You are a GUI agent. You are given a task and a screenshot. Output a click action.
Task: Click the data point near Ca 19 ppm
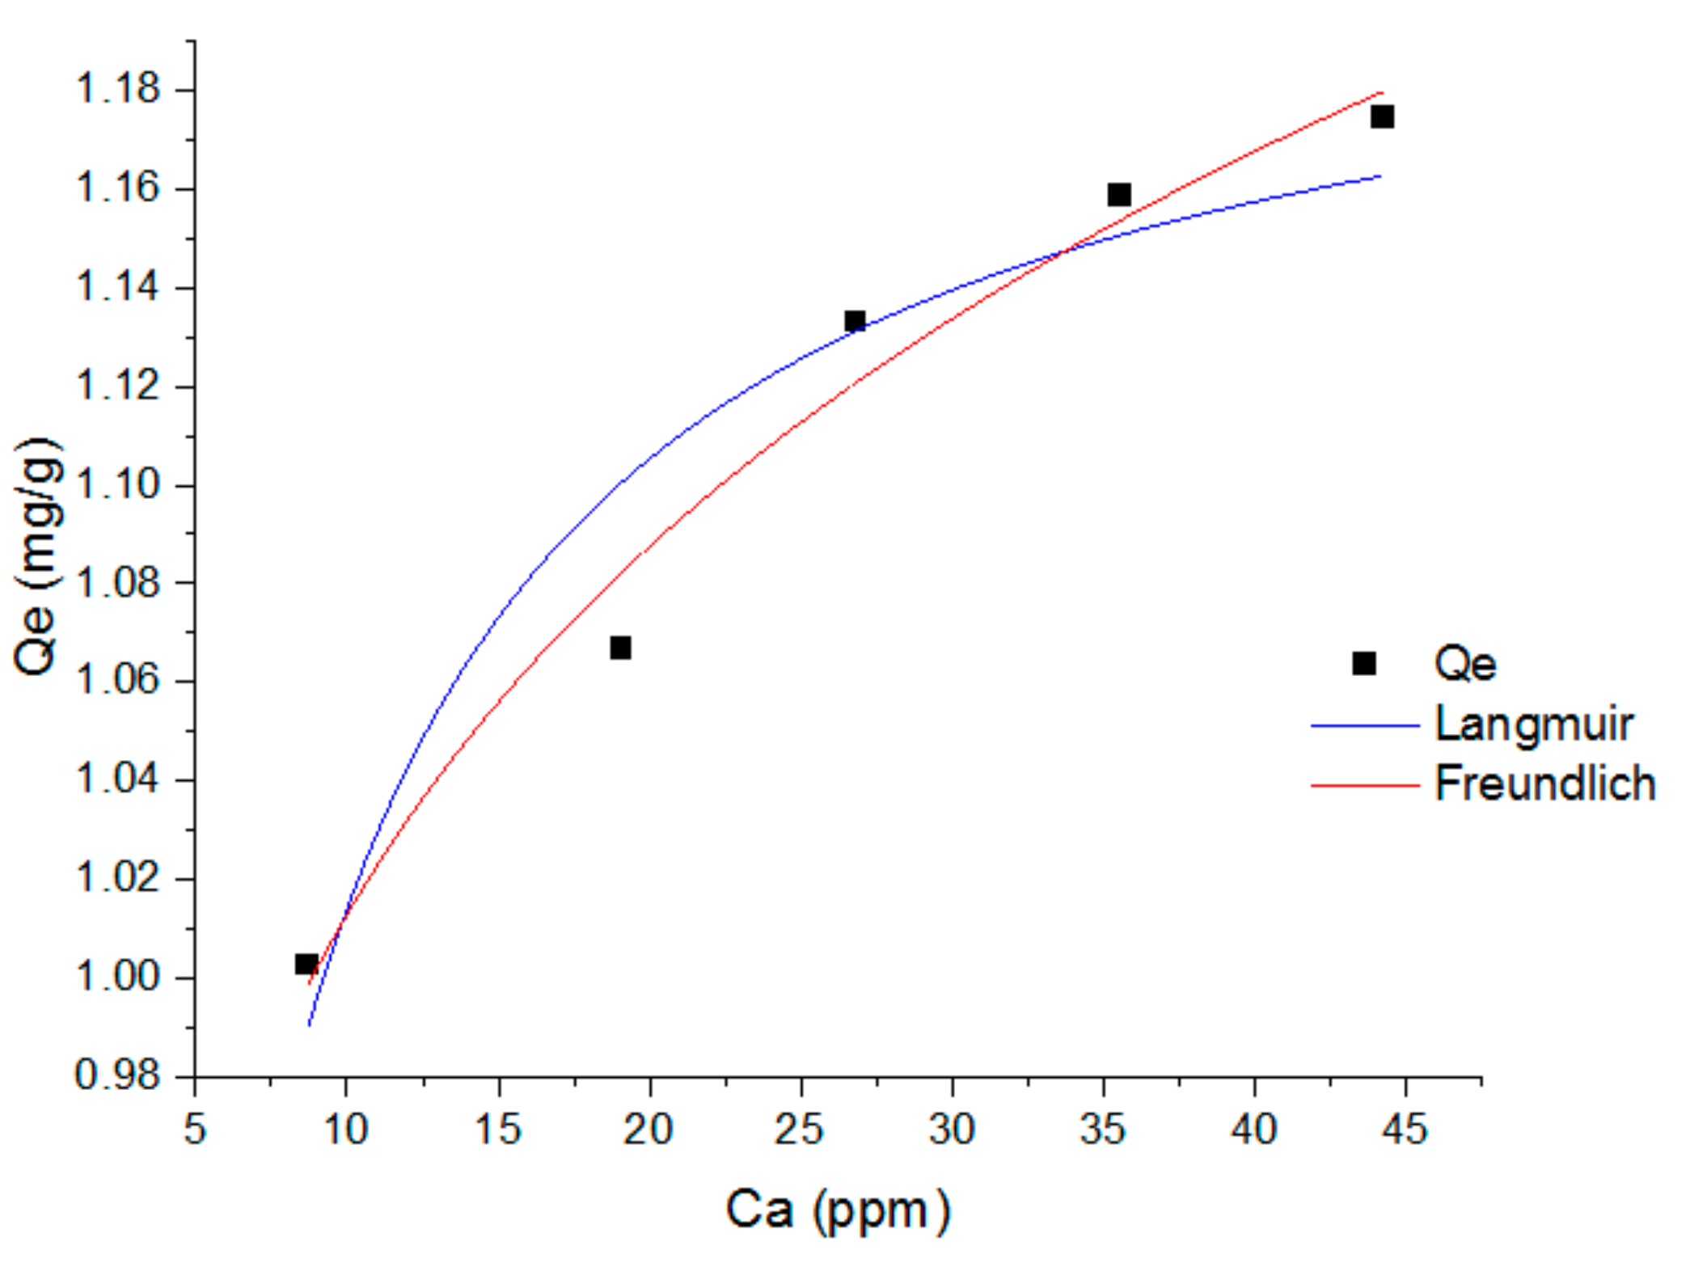point(620,648)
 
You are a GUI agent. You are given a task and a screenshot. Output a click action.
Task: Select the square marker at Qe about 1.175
point(1382,116)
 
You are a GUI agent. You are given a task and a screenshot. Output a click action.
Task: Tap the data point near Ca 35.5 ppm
point(1119,194)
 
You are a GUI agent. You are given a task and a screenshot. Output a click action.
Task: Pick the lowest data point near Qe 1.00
point(306,964)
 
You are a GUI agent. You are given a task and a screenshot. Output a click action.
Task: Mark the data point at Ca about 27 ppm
point(855,321)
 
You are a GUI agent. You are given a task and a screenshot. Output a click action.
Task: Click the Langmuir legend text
point(1533,724)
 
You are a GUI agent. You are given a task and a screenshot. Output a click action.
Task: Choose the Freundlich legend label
point(1544,783)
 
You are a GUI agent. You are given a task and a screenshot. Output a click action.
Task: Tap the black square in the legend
point(1364,664)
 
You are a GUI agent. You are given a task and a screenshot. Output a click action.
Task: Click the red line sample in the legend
point(1365,785)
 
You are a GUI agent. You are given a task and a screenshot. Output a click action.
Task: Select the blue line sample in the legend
point(1365,725)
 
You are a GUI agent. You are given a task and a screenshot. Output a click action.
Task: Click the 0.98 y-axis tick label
point(118,1075)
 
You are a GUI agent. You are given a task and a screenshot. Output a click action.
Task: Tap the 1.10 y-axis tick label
point(118,484)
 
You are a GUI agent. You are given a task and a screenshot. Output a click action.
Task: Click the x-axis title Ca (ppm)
point(837,1210)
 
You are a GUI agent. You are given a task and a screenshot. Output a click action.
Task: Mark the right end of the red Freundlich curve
point(1380,92)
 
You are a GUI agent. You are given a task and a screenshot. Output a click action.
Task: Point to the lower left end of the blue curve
point(310,1024)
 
